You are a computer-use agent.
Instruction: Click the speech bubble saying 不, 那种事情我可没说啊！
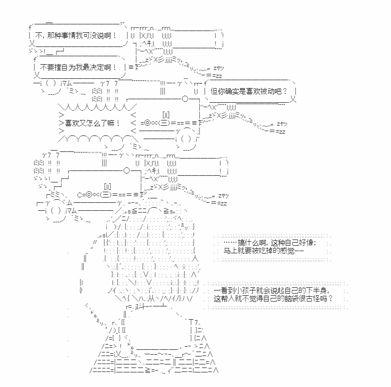pos(78,35)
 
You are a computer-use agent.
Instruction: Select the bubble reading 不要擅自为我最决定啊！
pos(79,67)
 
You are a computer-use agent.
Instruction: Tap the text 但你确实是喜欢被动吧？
pos(249,91)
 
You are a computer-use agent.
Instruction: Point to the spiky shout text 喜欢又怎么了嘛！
pos(93,123)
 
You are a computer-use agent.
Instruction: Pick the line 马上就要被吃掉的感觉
pos(263,251)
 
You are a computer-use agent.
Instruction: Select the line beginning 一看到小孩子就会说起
pos(271,290)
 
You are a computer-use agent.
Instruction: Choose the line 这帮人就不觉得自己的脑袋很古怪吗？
pos(273,298)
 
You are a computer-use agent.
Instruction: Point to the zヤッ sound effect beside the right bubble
pos(282,124)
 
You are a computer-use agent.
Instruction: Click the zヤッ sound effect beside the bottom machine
pos(223,196)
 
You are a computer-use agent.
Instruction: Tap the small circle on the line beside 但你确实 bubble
pos(185,99)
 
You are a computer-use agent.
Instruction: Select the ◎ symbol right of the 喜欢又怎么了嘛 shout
pos(147,123)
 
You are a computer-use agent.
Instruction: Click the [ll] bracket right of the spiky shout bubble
pos(166,115)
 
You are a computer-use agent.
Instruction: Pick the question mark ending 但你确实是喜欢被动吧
pos(285,91)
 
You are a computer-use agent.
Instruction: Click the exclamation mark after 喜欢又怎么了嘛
pos(118,123)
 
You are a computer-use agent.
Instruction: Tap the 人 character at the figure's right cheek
pos(195,258)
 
